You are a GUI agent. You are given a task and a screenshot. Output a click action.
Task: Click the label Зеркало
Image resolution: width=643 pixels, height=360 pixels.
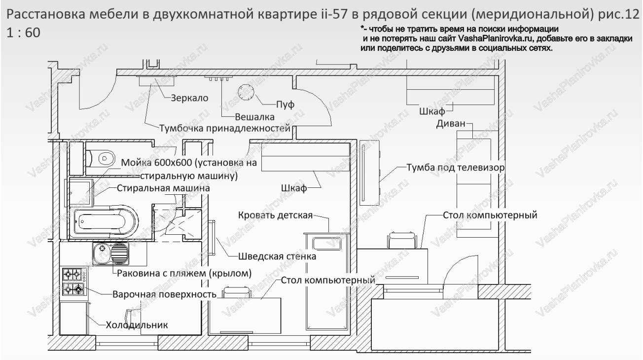click(x=189, y=98)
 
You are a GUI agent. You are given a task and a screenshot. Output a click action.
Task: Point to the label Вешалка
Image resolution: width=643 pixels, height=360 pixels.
click(x=254, y=117)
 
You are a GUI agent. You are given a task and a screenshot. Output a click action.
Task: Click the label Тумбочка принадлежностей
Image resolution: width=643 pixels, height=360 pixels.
click(x=224, y=129)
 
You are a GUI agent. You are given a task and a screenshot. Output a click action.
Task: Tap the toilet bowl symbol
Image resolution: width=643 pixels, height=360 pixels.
click(x=101, y=158)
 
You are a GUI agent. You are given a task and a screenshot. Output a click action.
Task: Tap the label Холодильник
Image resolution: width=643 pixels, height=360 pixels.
click(x=137, y=325)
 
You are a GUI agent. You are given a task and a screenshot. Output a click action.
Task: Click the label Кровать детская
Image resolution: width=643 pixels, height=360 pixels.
click(x=276, y=216)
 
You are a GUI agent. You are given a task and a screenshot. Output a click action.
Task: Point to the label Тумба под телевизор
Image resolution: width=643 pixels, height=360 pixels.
click(x=455, y=168)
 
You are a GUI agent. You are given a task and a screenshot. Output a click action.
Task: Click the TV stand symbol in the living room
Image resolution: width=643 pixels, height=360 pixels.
click(x=369, y=173)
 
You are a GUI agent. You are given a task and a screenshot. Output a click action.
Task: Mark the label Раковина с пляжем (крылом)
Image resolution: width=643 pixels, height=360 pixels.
click(x=184, y=273)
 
